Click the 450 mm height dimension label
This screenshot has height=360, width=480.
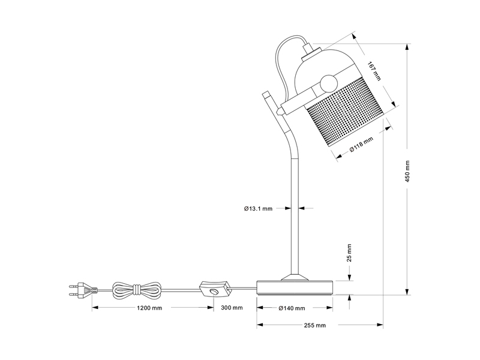click(x=407, y=171)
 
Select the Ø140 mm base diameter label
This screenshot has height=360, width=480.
click(x=292, y=308)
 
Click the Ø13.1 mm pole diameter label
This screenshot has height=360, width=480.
click(x=258, y=209)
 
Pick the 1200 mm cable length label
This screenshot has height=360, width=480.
click(x=149, y=308)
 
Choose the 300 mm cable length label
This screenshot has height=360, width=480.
click(x=232, y=308)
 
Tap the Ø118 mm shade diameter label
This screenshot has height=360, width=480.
click(x=361, y=145)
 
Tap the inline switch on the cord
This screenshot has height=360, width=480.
click(x=214, y=289)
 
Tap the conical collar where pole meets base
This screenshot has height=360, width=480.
click(x=294, y=277)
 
